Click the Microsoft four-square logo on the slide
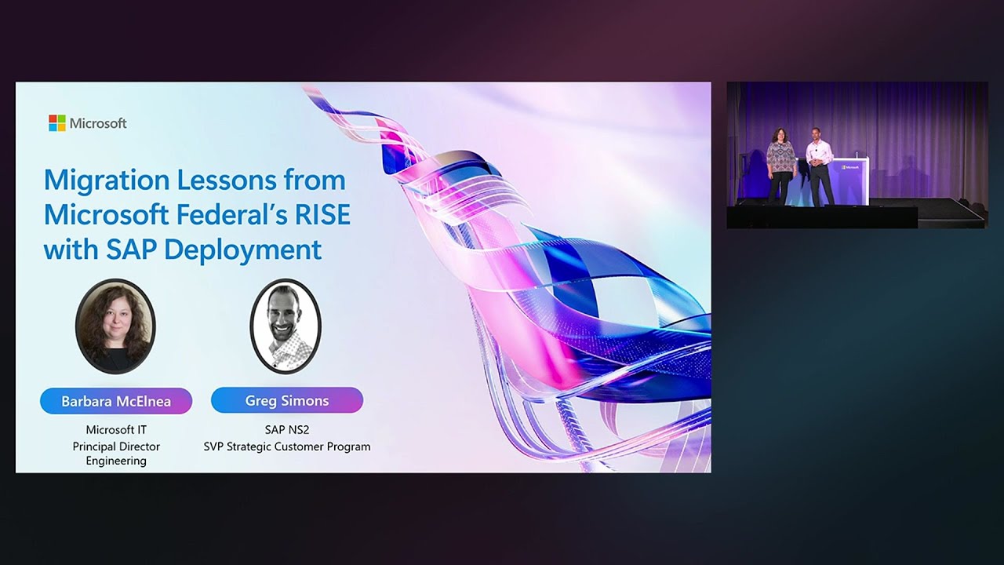click(x=57, y=123)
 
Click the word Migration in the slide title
click(x=105, y=180)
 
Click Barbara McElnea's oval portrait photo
click(x=115, y=326)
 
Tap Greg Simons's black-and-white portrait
click(x=286, y=326)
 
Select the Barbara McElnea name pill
click(x=116, y=401)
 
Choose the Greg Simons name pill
click(x=287, y=400)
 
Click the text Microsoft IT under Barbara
click(x=116, y=430)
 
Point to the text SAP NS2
click(x=287, y=430)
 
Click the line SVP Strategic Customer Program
click(x=287, y=447)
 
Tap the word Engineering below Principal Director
click(x=116, y=461)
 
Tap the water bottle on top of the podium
click(x=856, y=155)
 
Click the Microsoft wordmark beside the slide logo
click(x=98, y=123)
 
